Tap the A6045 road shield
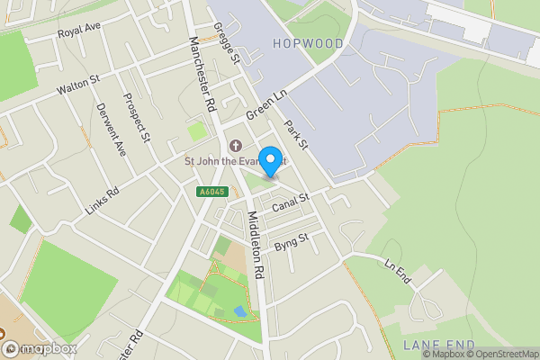coord(209,192)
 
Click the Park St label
coord(296,134)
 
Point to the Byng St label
coord(291,241)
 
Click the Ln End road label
coord(397,273)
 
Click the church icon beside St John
coord(236,146)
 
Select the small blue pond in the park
coord(238,310)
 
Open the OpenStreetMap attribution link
coord(502,354)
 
